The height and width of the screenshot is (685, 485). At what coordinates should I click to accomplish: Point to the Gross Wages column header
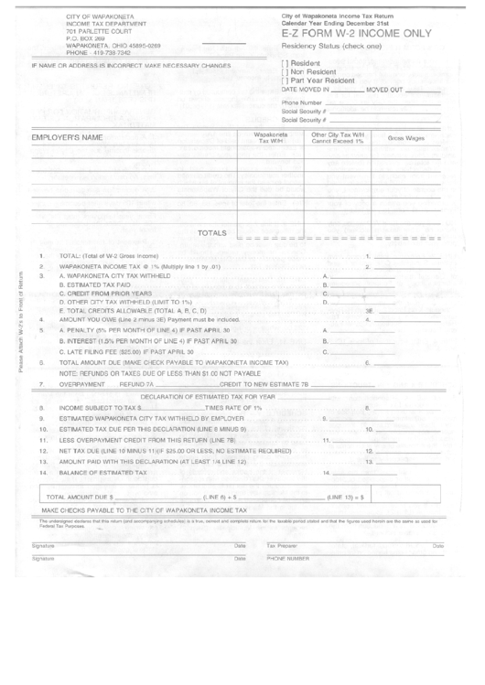(x=406, y=138)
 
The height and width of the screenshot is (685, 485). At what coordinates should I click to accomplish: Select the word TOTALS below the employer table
(x=212, y=234)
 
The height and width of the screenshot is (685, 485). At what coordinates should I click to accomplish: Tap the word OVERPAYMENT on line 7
(x=80, y=385)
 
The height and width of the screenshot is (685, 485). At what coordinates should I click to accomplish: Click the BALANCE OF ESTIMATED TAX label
(x=102, y=473)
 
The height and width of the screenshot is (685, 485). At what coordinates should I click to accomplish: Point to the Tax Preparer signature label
(x=282, y=546)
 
